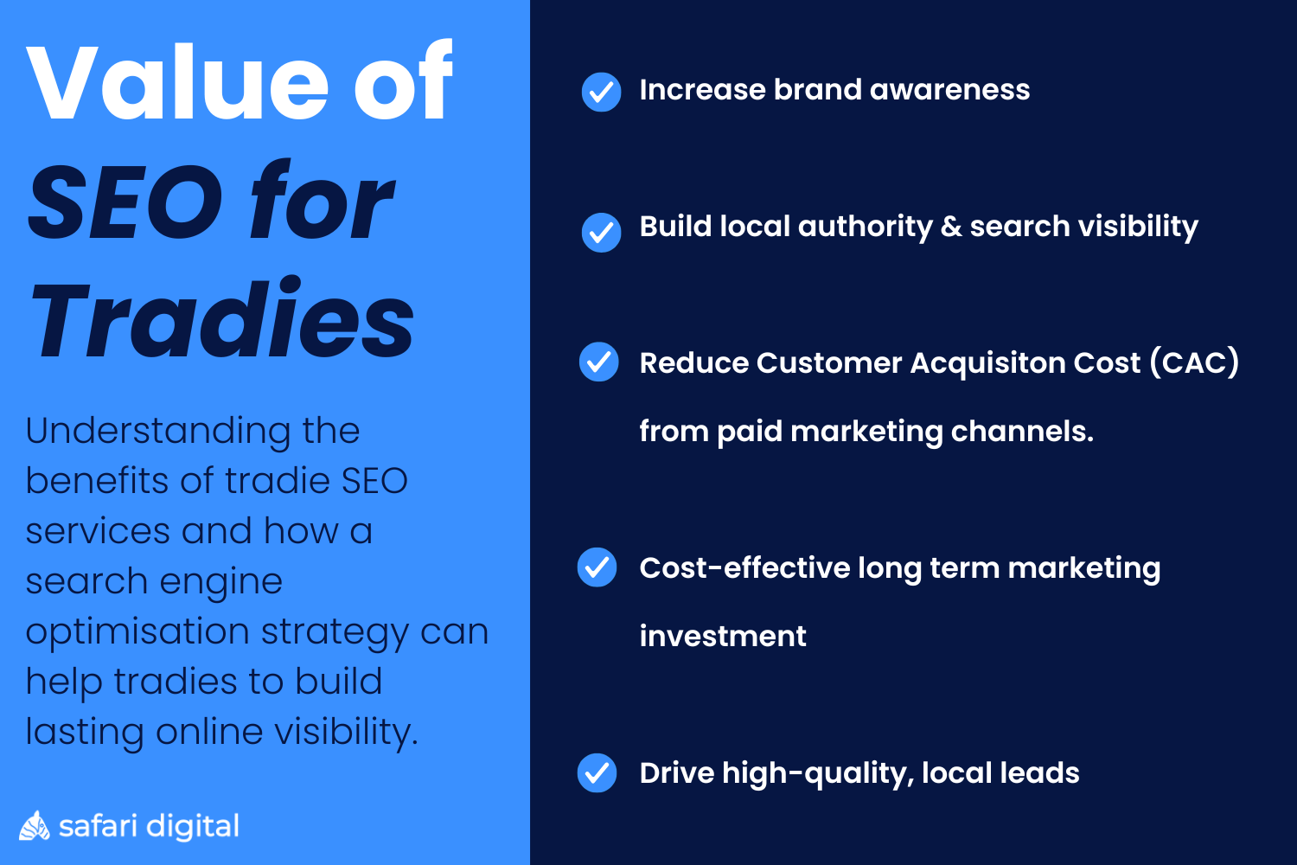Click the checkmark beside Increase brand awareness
[x=601, y=92]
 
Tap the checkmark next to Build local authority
[x=601, y=232]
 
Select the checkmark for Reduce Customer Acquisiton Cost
[x=598, y=362]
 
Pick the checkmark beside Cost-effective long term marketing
[x=597, y=567]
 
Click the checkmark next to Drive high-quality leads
[x=597, y=772]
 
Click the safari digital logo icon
[x=35, y=826]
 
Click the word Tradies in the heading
[x=222, y=321]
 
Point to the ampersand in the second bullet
[x=951, y=227]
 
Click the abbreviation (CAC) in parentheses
[x=1194, y=362]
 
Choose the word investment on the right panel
[x=723, y=637]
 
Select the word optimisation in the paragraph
[x=137, y=632]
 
